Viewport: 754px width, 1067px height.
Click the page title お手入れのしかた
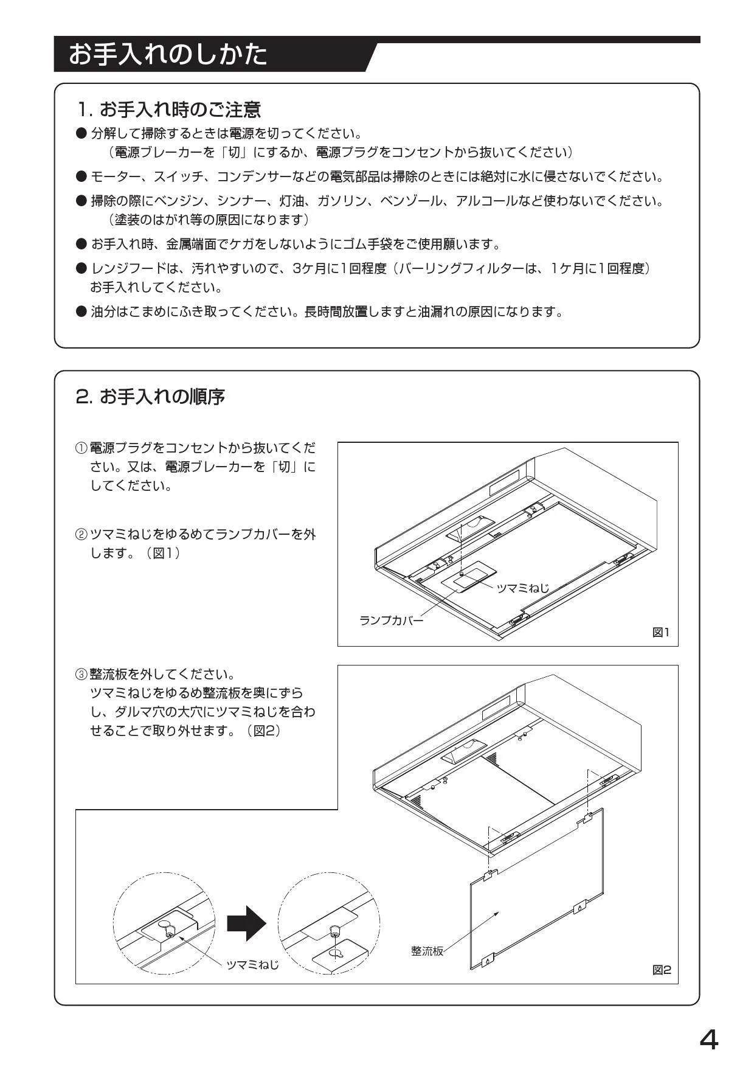tap(167, 55)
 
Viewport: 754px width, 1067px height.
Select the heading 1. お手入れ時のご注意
tap(168, 109)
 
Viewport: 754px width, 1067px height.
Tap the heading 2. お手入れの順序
tap(150, 397)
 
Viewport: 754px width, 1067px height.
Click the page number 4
tap(708, 1040)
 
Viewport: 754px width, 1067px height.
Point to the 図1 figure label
tap(661, 633)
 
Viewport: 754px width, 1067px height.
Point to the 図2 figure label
tap(662, 970)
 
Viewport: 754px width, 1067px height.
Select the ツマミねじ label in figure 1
tap(523, 588)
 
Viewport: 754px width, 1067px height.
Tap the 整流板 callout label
tap(427, 951)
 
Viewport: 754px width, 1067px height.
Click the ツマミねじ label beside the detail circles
tap(253, 965)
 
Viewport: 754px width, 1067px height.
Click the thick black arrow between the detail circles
tap(246, 923)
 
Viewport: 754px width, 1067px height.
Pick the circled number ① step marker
tap(81, 449)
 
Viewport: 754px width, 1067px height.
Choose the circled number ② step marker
tap(81, 535)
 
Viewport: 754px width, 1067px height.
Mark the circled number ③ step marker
tap(81, 675)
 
